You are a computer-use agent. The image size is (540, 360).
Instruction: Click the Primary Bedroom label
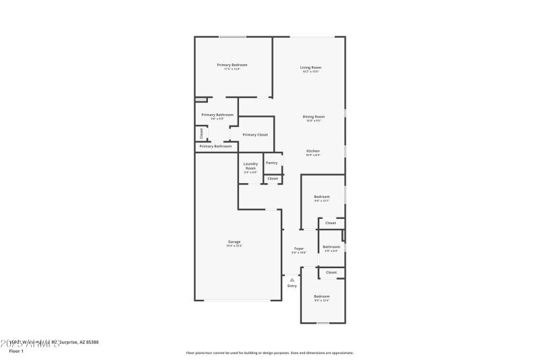(x=232, y=65)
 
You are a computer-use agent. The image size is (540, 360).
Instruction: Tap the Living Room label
(x=310, y=67)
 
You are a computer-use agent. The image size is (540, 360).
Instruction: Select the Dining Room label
(x=313, y=117)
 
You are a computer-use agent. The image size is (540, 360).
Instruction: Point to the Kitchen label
(x=313, y=151)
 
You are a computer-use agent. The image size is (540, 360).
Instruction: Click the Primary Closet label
(x=255, y=134)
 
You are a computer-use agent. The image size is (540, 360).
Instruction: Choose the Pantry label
(x=271, y=162)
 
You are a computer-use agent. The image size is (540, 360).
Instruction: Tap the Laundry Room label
(x=250, y=165)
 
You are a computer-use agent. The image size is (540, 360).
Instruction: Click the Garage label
(x=234, y=242)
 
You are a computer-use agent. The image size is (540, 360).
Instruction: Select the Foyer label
(x=299, y=249)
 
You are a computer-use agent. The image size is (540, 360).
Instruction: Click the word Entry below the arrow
(x=292, y=286)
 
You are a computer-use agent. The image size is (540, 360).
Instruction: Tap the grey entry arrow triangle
(x=292, y=279)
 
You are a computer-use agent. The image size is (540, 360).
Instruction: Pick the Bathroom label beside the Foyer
(x=331, y=247)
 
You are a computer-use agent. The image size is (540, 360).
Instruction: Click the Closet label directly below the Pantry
(x=273, y=178)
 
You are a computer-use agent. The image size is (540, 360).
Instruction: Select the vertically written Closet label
(x=200, y=133)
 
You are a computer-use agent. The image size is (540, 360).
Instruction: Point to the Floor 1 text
(x=16, y=351)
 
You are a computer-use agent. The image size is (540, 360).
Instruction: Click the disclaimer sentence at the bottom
(x=269, y=353)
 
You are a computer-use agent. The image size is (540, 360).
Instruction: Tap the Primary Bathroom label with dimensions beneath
(x=217, y=115)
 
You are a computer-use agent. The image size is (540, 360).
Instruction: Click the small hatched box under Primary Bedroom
(x=200, y=99)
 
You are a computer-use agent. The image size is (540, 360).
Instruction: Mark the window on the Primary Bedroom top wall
(x=232, y=36)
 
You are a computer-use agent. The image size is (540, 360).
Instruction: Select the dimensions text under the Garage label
(x=234, y=246)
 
